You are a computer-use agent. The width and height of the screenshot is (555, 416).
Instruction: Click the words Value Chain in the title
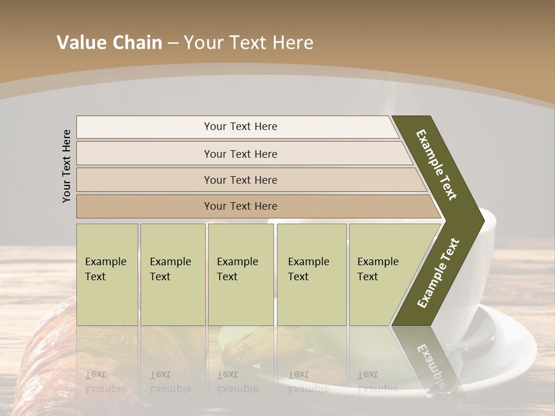point(109,43)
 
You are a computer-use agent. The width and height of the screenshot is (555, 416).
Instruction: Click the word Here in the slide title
point(292,43)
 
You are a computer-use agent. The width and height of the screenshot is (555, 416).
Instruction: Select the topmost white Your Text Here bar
point(240,127)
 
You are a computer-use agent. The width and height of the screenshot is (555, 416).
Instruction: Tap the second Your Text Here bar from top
point(240,154)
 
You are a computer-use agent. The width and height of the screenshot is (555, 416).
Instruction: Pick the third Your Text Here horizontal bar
point(240,180)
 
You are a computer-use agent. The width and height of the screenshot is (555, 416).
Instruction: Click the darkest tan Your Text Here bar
point(240,206)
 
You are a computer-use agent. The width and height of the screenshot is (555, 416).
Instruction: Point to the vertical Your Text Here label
point(66,166)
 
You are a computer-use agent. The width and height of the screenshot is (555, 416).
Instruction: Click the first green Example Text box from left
point(107,274)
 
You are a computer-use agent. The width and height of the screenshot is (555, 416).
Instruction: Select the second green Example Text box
point(172,274)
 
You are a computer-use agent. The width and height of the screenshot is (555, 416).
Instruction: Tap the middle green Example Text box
point(240,274)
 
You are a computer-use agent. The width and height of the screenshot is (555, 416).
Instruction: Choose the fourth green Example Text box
point(312,274)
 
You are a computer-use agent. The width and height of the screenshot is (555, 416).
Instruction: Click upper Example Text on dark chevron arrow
point(436,165)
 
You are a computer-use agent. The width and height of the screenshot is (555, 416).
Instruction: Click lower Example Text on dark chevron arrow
point(438,273)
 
